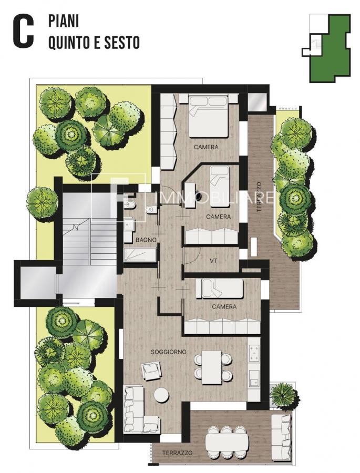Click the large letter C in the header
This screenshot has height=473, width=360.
[23, 32]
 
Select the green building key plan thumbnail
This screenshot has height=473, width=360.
[326, 48]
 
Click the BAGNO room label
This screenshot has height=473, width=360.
[146, 240]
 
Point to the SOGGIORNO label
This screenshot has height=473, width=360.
[168, 352]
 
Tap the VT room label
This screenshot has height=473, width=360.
[214, 261]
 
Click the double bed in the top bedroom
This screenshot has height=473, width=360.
[208, 116]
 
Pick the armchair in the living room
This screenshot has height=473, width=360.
[151, 371]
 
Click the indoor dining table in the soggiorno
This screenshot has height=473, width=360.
[212, 367]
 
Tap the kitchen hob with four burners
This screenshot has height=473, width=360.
[254, 353]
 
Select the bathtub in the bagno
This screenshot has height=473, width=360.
[140, 256]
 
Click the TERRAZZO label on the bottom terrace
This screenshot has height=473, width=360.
[178, 453]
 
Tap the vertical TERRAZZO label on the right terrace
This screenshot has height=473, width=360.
[259, 197]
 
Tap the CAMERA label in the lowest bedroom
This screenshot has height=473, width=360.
[224, 307]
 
